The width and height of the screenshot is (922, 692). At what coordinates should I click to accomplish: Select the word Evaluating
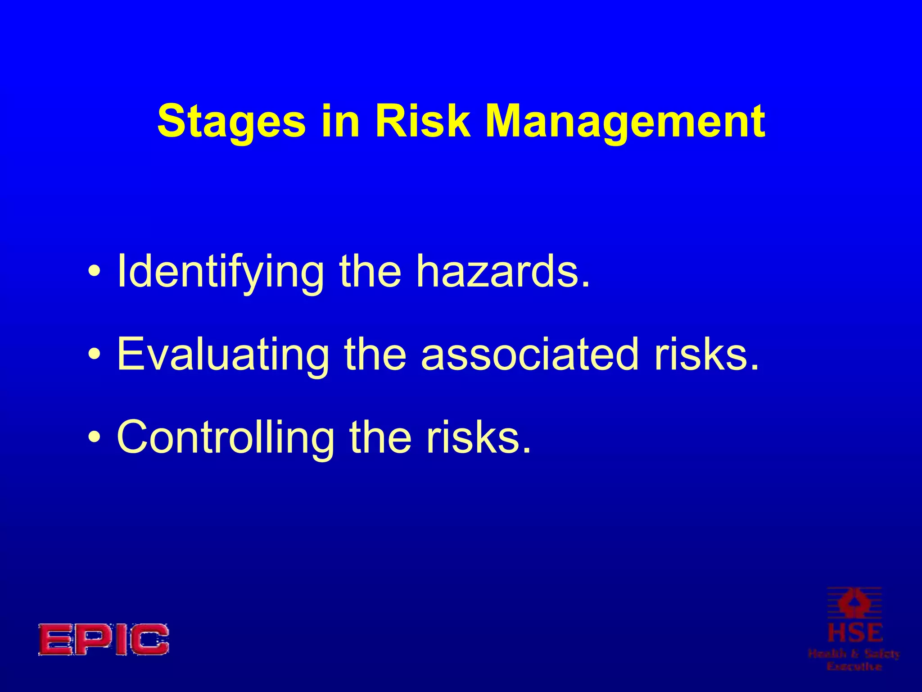pos(223,355)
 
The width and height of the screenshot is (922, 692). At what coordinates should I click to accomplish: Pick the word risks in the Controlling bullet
pos(479,437)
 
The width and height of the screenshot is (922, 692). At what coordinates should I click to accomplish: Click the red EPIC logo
pos(103,639)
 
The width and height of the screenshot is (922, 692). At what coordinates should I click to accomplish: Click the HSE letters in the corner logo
pos(855,633)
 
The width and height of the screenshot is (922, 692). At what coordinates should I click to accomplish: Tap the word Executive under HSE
pos(854,666)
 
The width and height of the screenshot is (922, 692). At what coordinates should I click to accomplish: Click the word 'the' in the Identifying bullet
pos(370,271)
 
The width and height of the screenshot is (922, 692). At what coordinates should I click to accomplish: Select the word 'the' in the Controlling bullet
pos(380,437)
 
